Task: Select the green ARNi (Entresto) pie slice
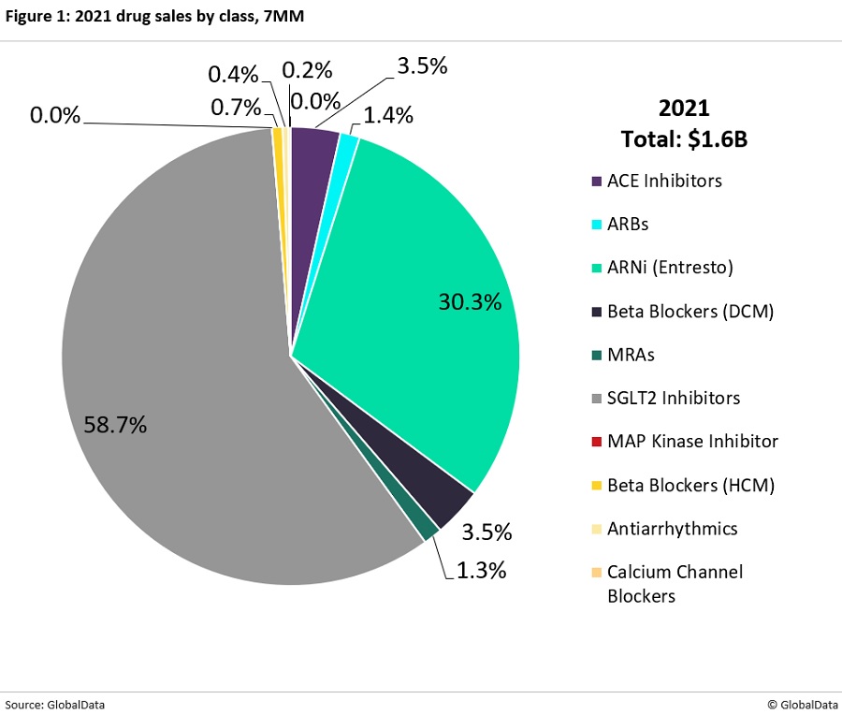pyautogui.click(x=412, y=281)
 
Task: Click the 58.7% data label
pyautogui.click(x=109, y=424)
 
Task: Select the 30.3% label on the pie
pyautogui.click(x=470, y=302)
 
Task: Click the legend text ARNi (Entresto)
pyautogui.click(x=670, y=268)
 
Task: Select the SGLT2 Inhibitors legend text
pyautogui.click(x=674, y=398)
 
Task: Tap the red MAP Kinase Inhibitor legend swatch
pyautogui.click(x=597, y=442)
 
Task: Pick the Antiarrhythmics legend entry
pyautogui.click(x=672, y=529)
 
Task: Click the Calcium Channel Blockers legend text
pyautogui.click(x=675, y=583)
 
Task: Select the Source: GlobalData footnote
pyautogui.click(x=55, y=704)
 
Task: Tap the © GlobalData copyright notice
pyautogui.click(x=802, y=704)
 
